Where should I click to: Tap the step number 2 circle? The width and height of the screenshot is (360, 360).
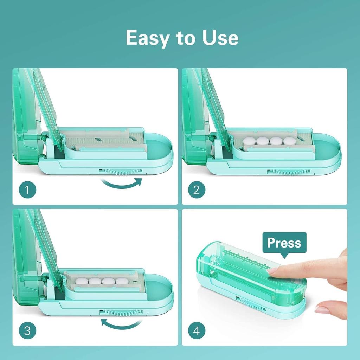[x=197, y=190]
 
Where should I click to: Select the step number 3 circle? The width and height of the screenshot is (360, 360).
[x=27, y=331]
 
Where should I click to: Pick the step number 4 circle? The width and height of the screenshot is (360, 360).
[x=197, y=331]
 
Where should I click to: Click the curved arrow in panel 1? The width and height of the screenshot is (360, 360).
[x=121, y=184]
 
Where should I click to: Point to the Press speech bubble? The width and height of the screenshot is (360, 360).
[x=284, y=243]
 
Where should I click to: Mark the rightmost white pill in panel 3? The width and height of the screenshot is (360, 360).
[x=122, y=281]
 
